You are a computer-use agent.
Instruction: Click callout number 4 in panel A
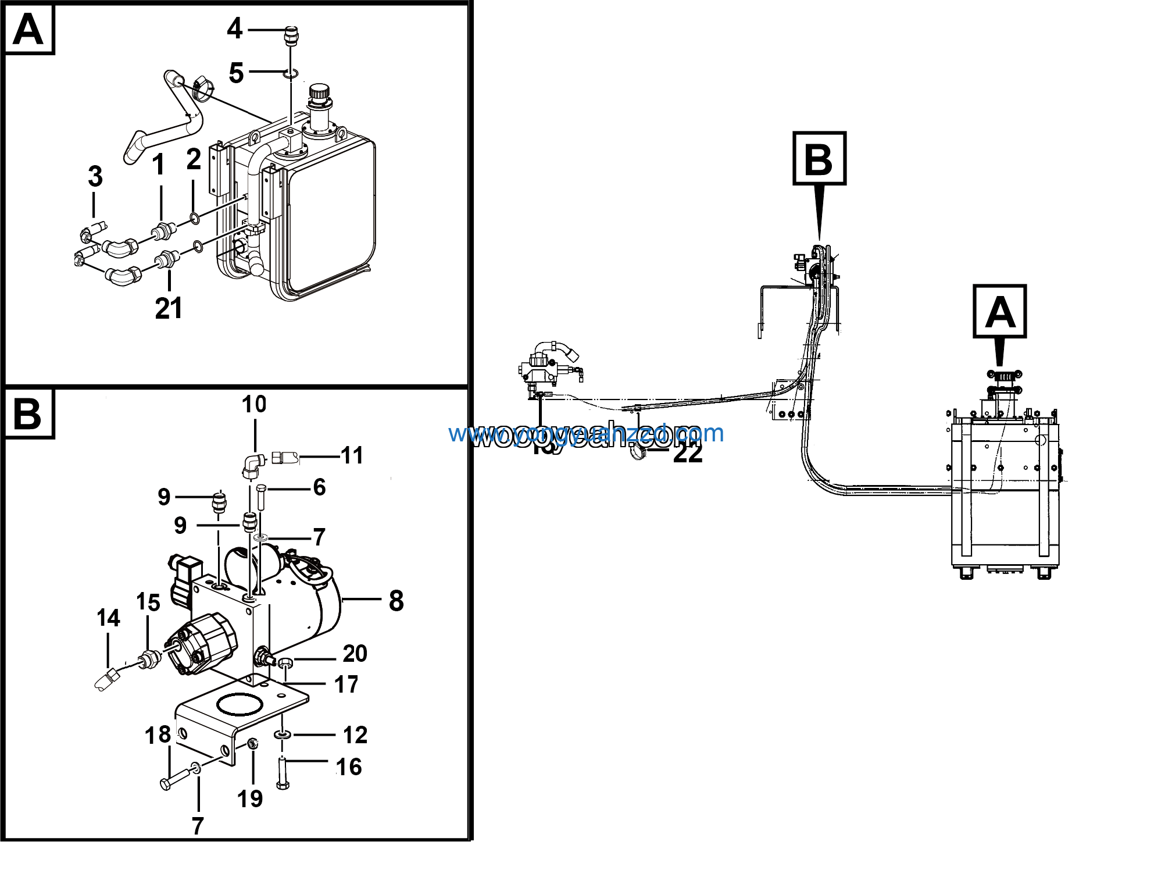coord(234,28)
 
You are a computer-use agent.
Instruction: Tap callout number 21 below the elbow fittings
coord(169,308)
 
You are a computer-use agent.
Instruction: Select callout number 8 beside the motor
coord(396,601)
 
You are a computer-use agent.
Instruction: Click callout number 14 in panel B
coord(108,618)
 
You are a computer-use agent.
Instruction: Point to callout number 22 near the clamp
coord(688,453)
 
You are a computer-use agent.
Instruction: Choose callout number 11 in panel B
coord(352,455)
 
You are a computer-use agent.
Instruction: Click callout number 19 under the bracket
coord(250,798)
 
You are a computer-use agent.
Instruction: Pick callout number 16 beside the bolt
coord(349,767)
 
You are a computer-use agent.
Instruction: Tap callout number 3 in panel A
coord(95,176)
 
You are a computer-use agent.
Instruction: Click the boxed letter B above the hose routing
coord(819,159)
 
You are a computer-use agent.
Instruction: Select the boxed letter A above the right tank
coord(999,312)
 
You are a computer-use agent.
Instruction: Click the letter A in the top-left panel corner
coord(28,29)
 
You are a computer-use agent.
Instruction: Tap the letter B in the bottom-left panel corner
coord(27,413)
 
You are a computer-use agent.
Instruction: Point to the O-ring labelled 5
coord(291,74)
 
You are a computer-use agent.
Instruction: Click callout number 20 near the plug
coord(355,654)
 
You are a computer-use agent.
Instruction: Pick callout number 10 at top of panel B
coord(254,404)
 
